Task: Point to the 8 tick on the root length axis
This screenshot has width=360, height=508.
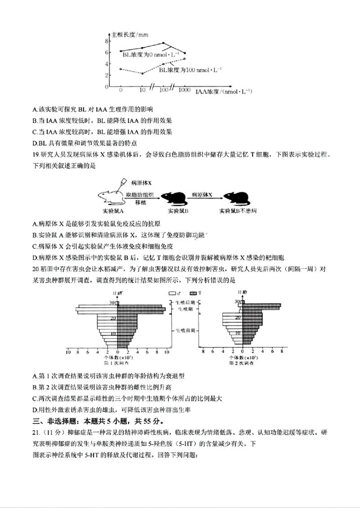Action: (107, 41)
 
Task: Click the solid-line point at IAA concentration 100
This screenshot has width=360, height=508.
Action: (163, 44)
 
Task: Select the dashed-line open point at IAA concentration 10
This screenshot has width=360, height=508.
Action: (142, 73)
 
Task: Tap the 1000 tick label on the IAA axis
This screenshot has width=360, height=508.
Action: (184, 91)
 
